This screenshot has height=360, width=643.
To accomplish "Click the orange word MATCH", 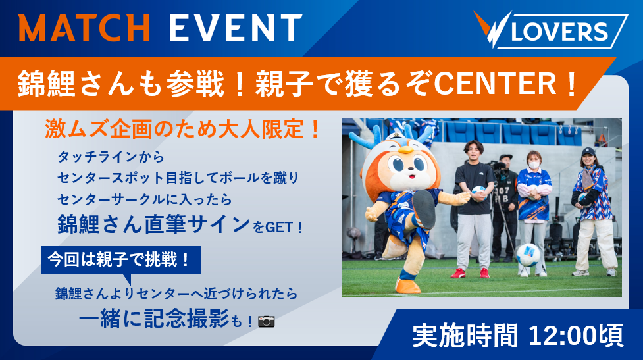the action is [x=84, y=28].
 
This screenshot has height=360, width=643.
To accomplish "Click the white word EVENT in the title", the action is [x=236, y=28].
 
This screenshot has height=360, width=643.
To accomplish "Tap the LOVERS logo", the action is [x=550, y=30].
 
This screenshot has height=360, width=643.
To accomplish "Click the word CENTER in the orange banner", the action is [x=496, y=84].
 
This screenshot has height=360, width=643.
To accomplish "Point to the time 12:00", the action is [x=561, y=336].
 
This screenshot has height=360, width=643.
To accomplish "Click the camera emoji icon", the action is [x=266, y=321].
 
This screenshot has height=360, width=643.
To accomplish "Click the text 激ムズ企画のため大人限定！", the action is [x=183, y=129].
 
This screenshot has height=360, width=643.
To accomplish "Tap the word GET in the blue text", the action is [x=280, y=227].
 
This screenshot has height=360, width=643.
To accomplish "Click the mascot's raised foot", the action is [x=424, y=209].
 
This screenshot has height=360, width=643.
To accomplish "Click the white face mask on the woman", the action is [x=534, y=165].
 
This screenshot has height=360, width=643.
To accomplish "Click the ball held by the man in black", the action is [x=478, y=192].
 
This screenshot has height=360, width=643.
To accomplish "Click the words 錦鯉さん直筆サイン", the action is [x=153, y=224].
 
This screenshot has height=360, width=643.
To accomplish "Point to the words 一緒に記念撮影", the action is [x=153, y=318].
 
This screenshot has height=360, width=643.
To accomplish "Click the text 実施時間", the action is [x=465, y=336].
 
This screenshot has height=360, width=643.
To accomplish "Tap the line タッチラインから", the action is [x=111, y=157].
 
